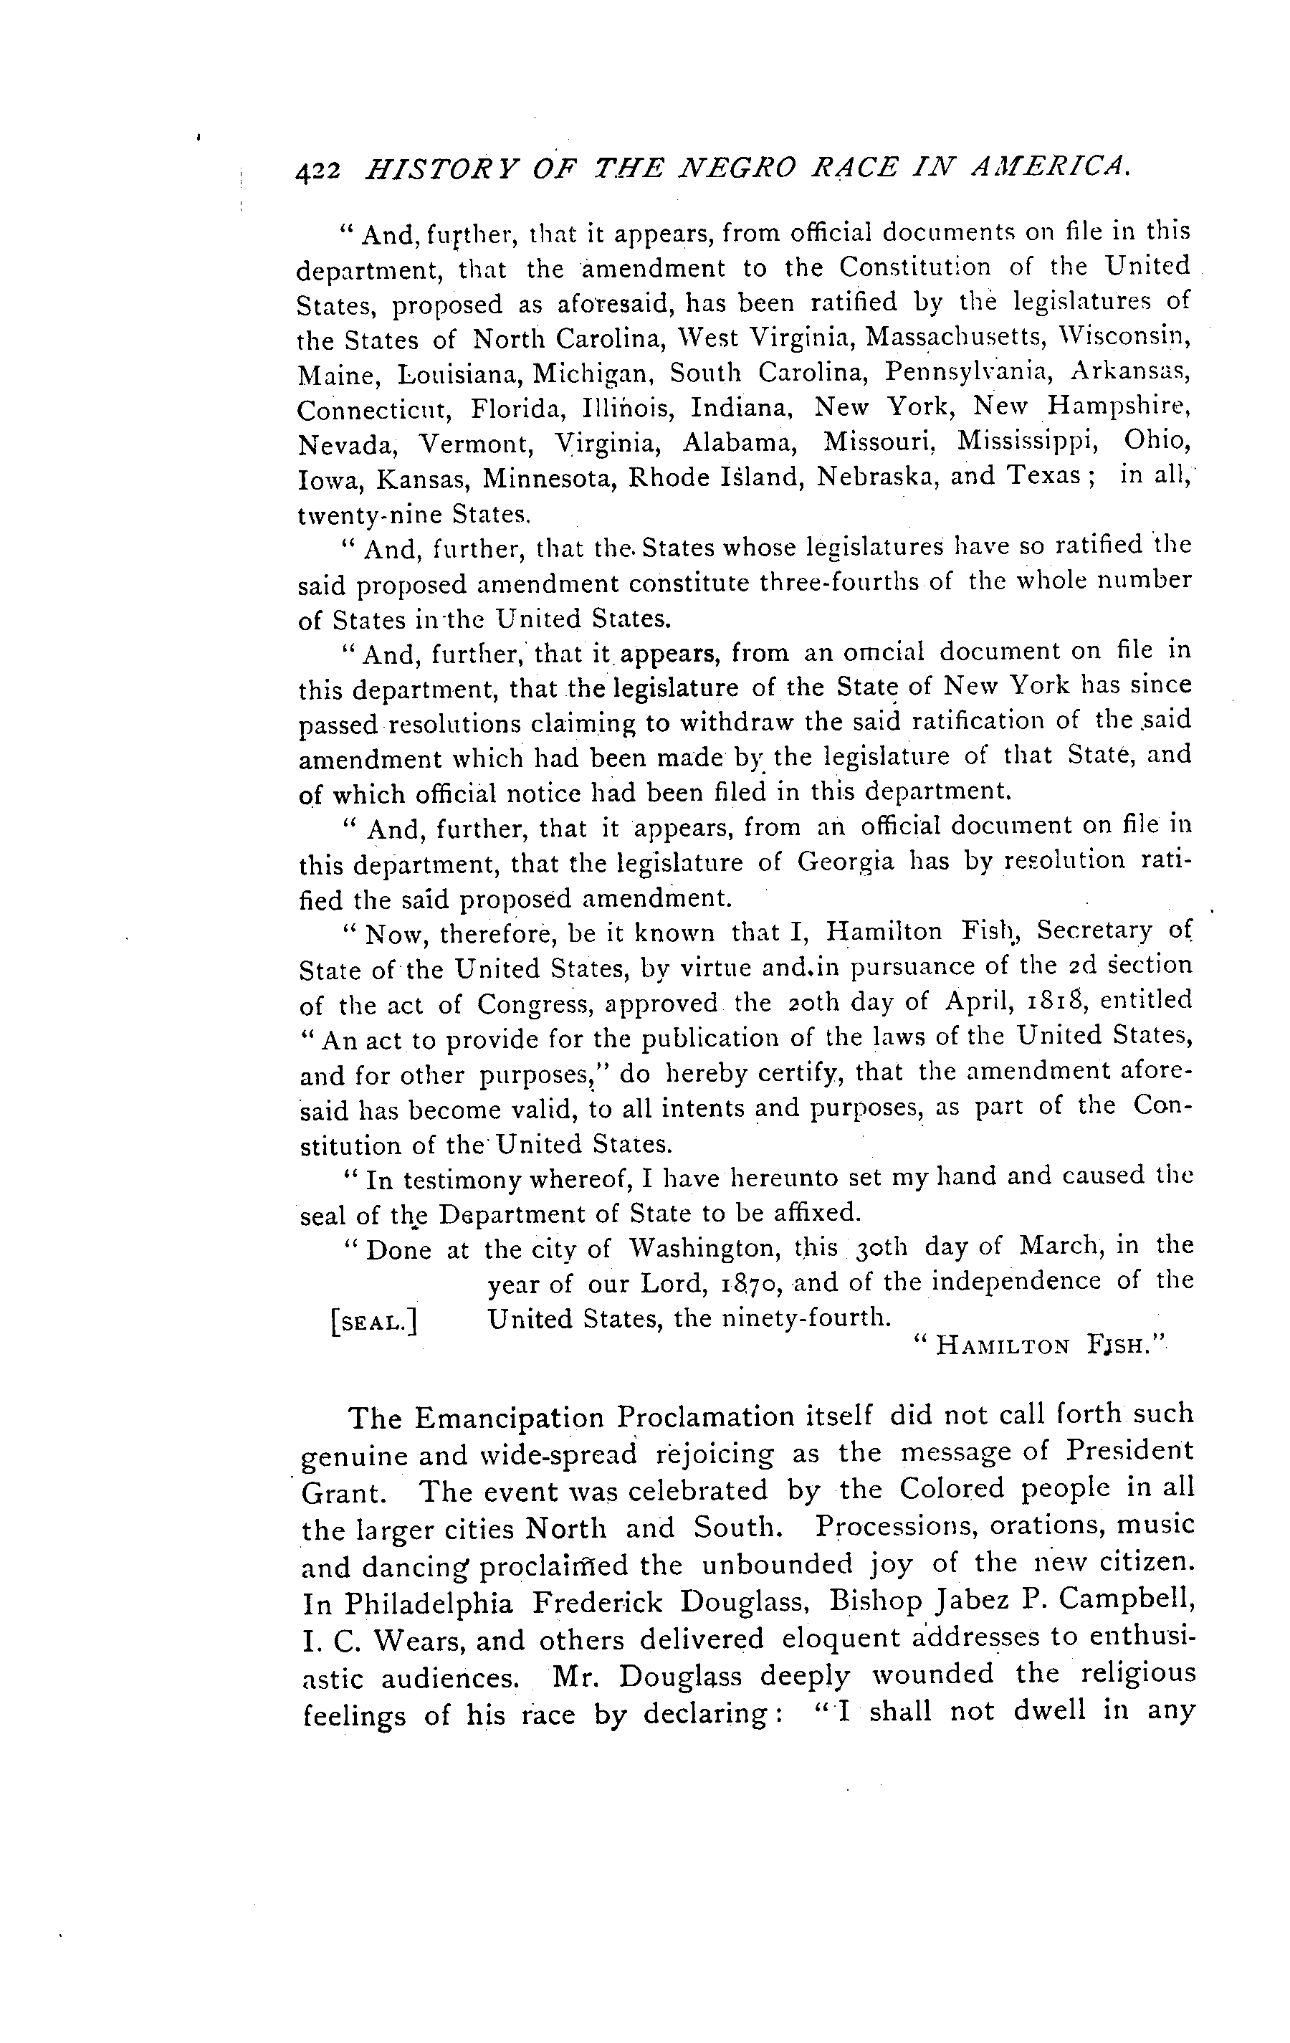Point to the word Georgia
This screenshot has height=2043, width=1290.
(x=846, y=862)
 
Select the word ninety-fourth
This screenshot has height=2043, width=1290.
(x=815, y=1318)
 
